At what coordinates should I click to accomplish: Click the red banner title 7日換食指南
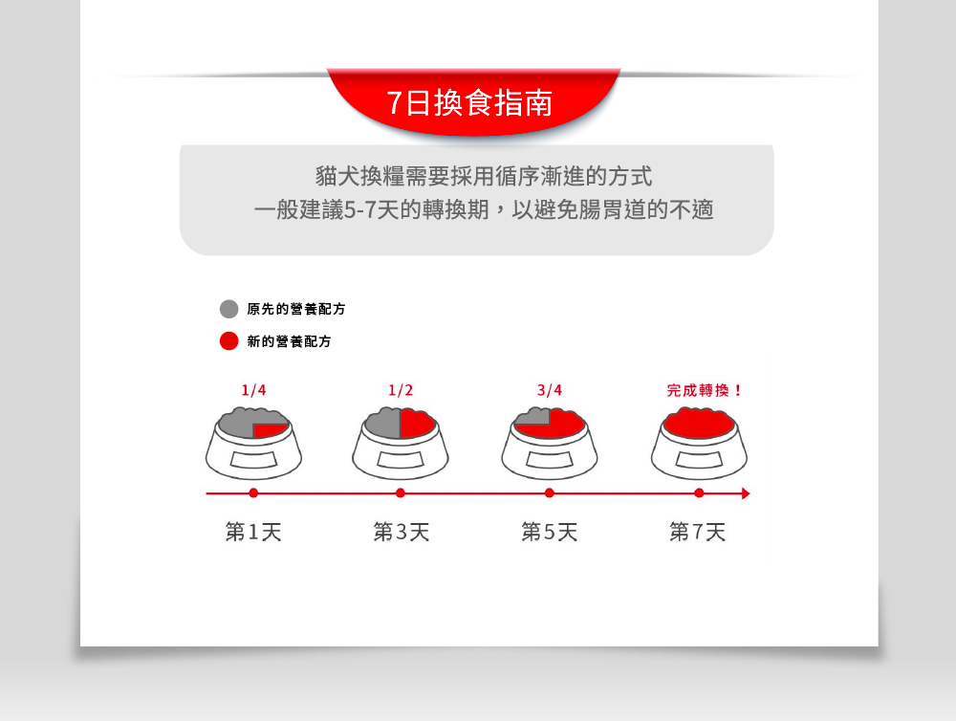pyautogui.click(x=469, y=102)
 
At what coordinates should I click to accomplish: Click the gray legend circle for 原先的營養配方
pyautogui.click(x=228, y=309)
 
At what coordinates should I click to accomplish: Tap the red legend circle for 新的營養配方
pyautogui.click(x=228, y=341)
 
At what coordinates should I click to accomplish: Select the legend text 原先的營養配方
pyautogui.click(x=296, y=309)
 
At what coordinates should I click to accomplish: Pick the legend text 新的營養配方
pyautogui.click(x=289, y=341)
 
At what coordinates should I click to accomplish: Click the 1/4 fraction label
pyautogui.click(x=253, y=390)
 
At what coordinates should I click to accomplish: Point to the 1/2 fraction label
pyautogui.click(x=401, y=390)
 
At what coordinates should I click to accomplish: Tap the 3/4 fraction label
pyautogui.click(x=550, y=390)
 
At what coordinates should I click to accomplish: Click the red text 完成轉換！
pyautogui.click(x=704, y=390)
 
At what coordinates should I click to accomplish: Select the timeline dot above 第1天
pyautogui.click(x=253, y=492)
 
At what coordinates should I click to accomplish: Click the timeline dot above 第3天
pyautogui.click(x=401, y=492)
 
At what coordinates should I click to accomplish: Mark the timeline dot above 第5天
pyautogui.click(x=550, y=492)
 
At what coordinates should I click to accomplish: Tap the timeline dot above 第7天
pyautogui.click(x=699, y=492)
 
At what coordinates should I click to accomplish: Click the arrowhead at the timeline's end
pyautogui.click(x=746, y=493)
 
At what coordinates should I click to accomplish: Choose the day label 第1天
pyautogui.click(x=253, y=532)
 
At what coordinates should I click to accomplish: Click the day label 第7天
pyautogui.click(x=698, y=532)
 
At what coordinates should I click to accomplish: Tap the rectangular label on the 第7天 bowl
pyautogui.click(x=699, y=459)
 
